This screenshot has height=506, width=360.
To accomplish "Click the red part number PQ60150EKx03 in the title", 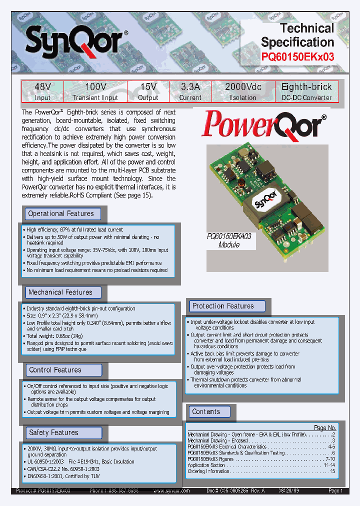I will pyautogui.click(x=297, y=57).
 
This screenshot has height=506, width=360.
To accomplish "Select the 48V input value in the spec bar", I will pyautogui.click(x=42, y=87).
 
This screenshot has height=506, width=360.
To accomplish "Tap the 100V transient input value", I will pyautogui.click(x=95, y=87).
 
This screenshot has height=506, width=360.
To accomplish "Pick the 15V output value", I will pyautogui.click(x=148, y=87).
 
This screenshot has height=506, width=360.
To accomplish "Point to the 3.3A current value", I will pyautogui.click(x=190, y=87).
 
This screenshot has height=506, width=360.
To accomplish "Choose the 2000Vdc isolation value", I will pyautogui.click(x=243, y=87).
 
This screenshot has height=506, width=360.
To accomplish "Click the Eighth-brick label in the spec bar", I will pyautogui.click(x=306, y=87).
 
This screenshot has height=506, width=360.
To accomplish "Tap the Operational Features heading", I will pyautogui.click(x=61, y=213).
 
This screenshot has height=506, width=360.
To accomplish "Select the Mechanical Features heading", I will pyautogui.click(x=61, y=292).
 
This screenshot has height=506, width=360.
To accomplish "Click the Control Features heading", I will pyautogui.click(x=55, y=370).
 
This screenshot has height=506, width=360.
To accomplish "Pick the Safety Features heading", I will pyautogui.click(x=54, y=432).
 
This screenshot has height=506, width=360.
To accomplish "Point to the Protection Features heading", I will pyautogui.click(x=223, y=306).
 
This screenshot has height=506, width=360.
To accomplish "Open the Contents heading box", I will pyautogui.click(x=206, y=411).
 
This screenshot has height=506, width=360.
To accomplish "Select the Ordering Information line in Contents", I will pyautogui.click(x=209, y=471).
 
